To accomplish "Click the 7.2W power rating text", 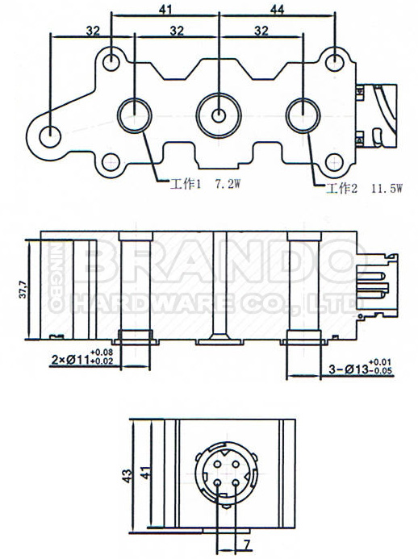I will (230, 184).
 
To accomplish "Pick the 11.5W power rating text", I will (387, 190).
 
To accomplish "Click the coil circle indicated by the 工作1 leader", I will (134, 115).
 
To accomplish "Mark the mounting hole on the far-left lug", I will (50, 135).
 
